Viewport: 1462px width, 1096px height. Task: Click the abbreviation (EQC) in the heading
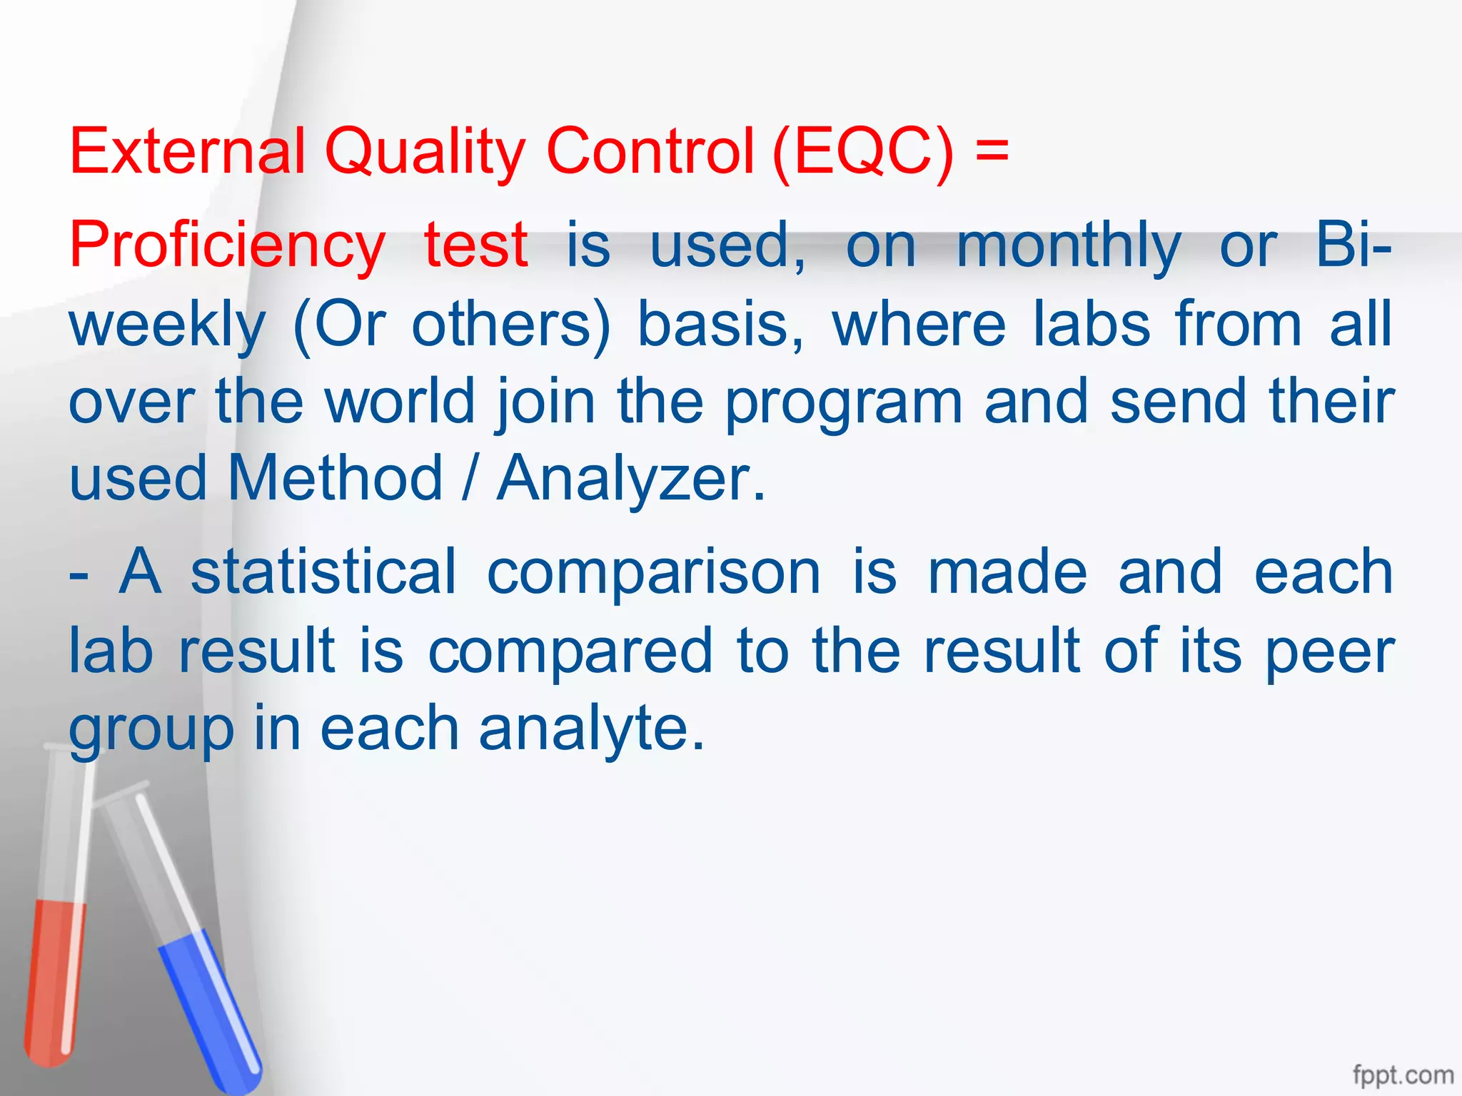(x=862, y=151)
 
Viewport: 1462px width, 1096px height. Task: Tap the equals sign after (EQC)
(x=992, y=151)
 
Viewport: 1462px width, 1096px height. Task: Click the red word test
(x=476, y=245)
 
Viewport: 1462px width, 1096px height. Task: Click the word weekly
(x=167, y=325)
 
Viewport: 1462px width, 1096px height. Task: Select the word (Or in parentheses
(x=339, y=325)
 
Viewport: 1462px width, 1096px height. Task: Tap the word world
(x=400, y=401)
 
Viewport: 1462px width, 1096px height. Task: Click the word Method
(x=335, y=477)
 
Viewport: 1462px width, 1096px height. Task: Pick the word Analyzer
(x=631, y=479)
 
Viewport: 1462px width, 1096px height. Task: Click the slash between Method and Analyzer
(x=468, y=477)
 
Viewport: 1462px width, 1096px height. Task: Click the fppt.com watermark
(x=1403, y=1075)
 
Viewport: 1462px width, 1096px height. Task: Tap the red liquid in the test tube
(x=54, y=978)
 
